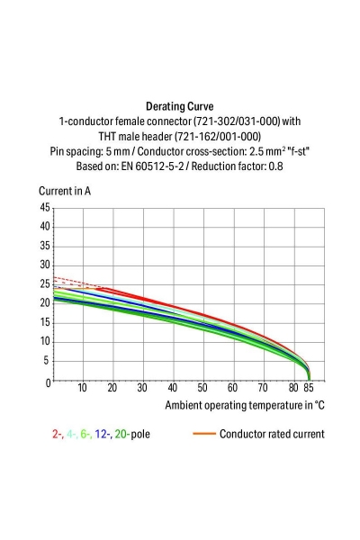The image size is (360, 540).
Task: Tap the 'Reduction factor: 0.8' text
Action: (x=238, y=166)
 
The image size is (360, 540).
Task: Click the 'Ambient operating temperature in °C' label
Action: (x=244, y=405)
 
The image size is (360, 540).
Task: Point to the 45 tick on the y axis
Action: (x=44, y=207)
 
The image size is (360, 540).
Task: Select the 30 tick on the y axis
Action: (x=44, y=265)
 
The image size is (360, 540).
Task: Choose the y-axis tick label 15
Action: (x=44, y=323)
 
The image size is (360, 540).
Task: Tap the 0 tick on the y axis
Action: (x=47, y=382)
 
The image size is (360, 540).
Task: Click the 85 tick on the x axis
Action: (x=310, y=389)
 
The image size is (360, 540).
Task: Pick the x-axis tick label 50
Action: (x=202, y=389)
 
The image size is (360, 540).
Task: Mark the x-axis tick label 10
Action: (x=82, y=389)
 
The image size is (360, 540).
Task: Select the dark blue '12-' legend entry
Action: (x=107, y=434)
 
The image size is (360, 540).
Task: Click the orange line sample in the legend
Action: (x=203, y=434)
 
